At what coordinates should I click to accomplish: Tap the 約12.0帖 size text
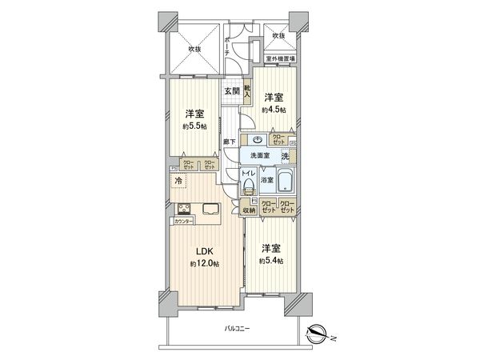pyautogui.click(x=205, y=264)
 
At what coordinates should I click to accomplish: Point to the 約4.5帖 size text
pyautogui.click(x=275, y=110)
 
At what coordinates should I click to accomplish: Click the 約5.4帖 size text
pyautogui.click(x=270, y=260)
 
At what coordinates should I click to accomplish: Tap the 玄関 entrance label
pyautogui.click(x=230, y=91)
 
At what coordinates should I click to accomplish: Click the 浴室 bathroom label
pyautogui.click(x=266, y=181)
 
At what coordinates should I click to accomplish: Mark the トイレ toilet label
pyautogui.click(x=248, y=171)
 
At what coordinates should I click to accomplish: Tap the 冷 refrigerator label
pyautogui.click(x=178, y=182)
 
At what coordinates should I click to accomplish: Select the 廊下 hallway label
pyautogui.click(x=230, y=141)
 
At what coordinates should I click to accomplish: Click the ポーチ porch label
pyautogui.click(x=228, y=45)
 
